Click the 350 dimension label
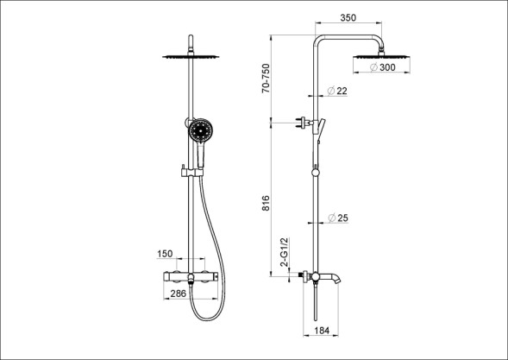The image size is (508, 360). (348, 17)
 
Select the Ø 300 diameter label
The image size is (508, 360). (383, 67)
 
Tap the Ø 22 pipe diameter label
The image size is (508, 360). (337, 92)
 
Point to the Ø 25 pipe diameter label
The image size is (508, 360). (338, 218)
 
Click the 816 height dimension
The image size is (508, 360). (266, 204)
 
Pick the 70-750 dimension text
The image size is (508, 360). (266, 79)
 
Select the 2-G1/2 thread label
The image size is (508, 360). (284, 252)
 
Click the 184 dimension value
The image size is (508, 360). (322, 331)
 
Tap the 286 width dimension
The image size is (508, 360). (179, 294)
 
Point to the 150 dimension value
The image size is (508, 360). (165, 254)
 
